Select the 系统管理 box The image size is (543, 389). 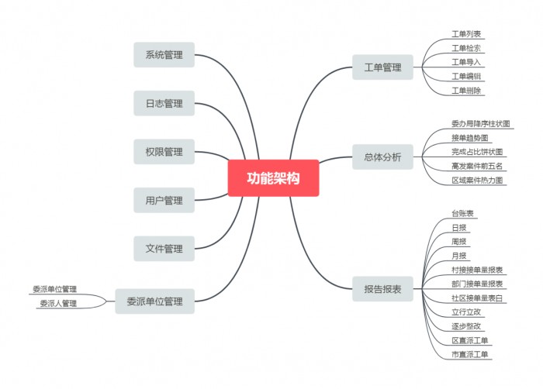[164, 55]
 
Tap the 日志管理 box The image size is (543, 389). [164, 104]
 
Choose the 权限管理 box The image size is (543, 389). [164, 152]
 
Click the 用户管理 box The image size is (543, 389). [164, 201]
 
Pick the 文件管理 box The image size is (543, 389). [164, 249]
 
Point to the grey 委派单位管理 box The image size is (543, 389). [154, 301]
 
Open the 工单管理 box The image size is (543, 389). [382, 67]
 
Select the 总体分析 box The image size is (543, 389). [382, 157]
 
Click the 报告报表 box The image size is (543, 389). [382, 289]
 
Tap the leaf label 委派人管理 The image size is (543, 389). [58, 303]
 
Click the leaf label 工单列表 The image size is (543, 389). [466, 34]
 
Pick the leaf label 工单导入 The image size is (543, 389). [466, 62]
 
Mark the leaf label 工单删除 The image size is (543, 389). [466, 90]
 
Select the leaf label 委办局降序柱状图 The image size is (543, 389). [481, 123]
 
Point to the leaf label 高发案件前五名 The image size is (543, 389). [477, 166]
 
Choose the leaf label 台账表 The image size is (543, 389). [463, 213]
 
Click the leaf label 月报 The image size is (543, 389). [459, 256]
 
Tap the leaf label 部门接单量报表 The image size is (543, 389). [477, 284]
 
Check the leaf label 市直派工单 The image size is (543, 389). [471, 354]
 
